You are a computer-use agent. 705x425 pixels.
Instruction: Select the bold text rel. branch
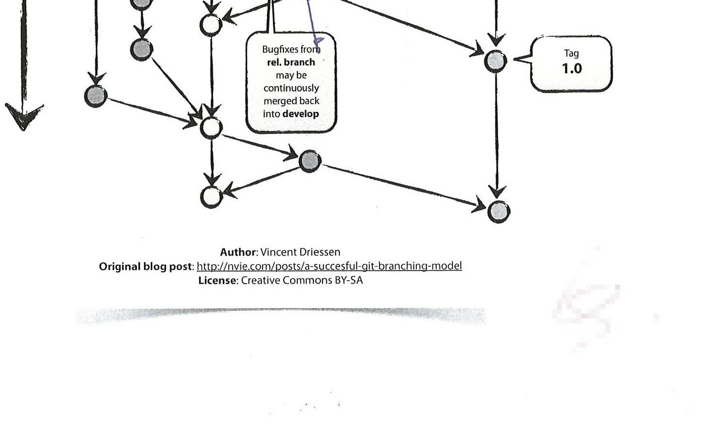[291, 62]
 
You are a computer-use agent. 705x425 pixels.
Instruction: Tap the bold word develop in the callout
[301, 114]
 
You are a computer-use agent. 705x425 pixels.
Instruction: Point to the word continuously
[291, 88]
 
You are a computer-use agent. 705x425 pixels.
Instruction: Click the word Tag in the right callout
[571, 54]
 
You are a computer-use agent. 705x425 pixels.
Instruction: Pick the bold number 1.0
[572, 69]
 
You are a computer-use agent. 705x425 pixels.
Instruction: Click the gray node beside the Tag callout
[496, 61]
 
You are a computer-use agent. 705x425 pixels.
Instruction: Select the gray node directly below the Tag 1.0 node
[499, 212]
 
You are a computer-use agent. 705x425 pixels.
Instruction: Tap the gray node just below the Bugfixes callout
[310, 161]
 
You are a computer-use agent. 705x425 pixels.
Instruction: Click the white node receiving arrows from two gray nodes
[211, 128]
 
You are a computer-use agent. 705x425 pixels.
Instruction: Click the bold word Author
[237, 252]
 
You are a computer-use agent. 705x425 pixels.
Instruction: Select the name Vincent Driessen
[300, 252]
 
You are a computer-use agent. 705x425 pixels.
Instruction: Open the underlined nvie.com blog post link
[329, 266]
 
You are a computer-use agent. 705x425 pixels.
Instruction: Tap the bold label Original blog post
[146, 267]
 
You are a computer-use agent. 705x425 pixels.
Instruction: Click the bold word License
[217, 280]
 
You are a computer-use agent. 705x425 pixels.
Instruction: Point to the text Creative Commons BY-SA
[302, 280]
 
